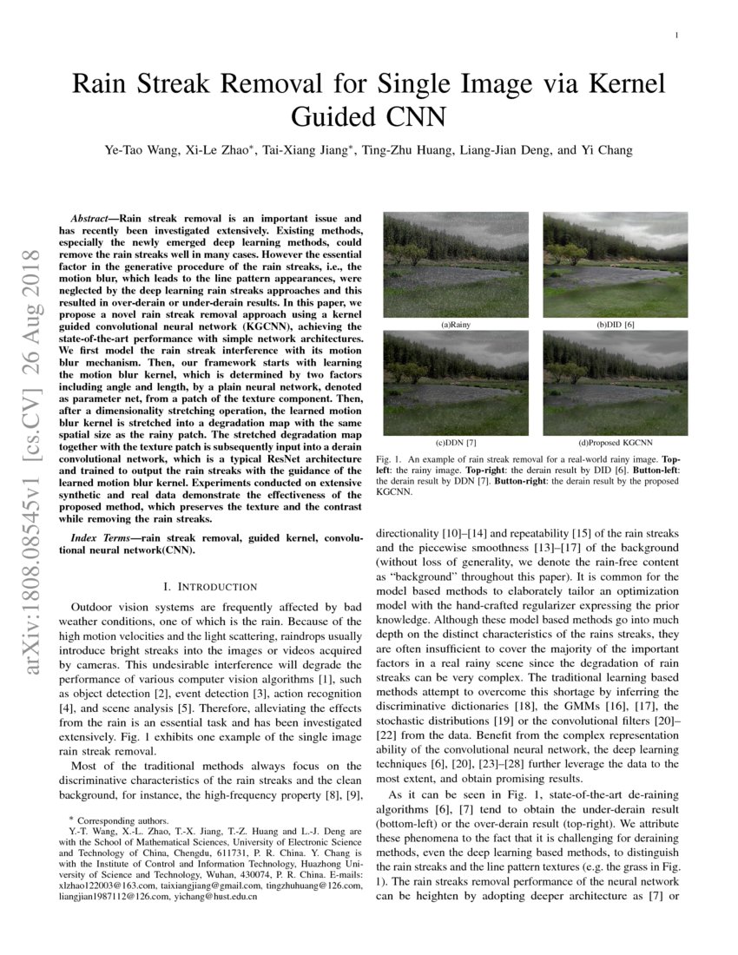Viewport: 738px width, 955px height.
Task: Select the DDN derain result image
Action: pos(456,382)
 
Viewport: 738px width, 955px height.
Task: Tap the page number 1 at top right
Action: pos(675,35)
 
